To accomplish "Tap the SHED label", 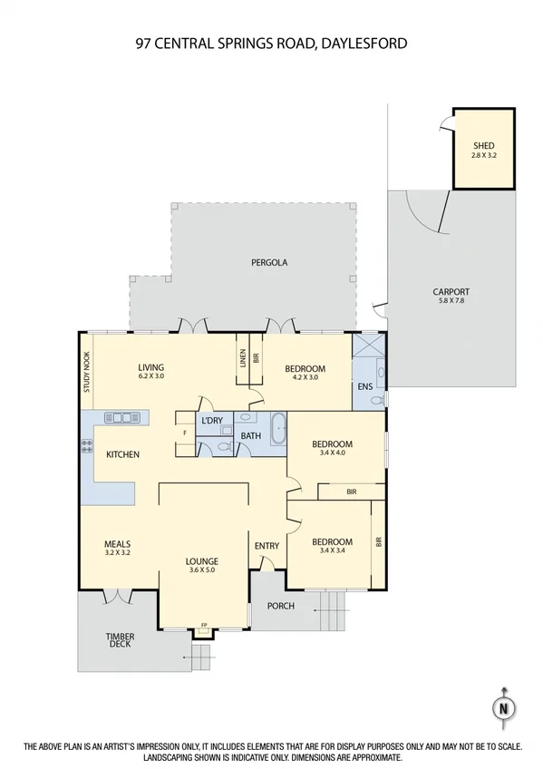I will pos(484,145).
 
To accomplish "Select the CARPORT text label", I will pos(451,292).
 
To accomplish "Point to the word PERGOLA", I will pos(269,262).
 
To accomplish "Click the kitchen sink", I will pos(119,418).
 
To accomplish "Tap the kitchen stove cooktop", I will pos(88,445).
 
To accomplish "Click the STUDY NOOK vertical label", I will pos(87,371).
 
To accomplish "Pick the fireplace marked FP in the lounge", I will pos(203,625).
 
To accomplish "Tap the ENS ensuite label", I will pos(364,387).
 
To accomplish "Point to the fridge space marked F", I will pos(185,433).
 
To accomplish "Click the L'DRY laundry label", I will pos(212,421).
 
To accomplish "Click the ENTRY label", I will pos(267,545).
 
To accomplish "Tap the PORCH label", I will pos(281,606).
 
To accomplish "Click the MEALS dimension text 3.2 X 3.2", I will pos(118,551).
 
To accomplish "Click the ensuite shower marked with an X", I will pos(367,347).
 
